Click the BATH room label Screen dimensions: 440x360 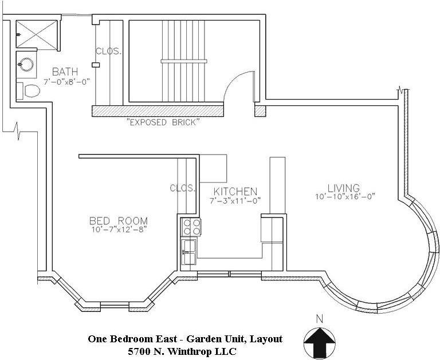click(x=65, y=72)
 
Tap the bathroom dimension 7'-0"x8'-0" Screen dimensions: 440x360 click(x=66, y=82)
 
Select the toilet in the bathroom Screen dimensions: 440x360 click(x=28, y=90)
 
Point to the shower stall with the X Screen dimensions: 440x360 click(x=37, y=34)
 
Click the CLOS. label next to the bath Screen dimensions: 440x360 click(x=109, y=52)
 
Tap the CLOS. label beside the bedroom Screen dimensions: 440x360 click(x=183, y=188)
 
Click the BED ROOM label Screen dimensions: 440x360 click(x=119, y=221)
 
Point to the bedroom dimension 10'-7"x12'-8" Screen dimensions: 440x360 click(x=119, y=230)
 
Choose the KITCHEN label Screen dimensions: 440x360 click(x=235, y=192)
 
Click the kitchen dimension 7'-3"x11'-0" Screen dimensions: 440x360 click(x=235, y=201)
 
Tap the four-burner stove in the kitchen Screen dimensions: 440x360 click(x=191, y=227)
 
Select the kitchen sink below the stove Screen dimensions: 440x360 click(x=189, y=252)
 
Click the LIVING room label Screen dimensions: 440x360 click(x=344, y=188)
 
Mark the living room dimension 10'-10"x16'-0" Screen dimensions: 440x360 click(x=345, y=196)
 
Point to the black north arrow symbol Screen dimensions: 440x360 click(x=320, y=342)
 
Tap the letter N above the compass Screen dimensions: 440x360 click(x=319, y=319)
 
